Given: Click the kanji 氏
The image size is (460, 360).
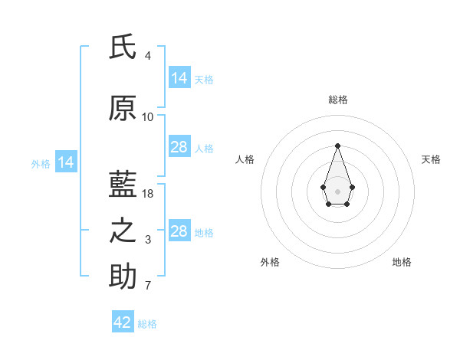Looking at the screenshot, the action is (123, 46).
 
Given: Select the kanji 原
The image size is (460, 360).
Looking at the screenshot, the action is (123, 108).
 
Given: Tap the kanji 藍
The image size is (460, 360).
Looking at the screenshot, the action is (123, 184).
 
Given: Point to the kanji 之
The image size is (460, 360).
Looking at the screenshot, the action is (123, 231).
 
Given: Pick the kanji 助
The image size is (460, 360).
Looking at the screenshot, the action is (123, 276).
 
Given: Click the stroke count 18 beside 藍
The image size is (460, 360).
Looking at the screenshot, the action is (147, 194).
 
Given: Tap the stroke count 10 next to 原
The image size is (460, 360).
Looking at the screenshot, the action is (147, 117).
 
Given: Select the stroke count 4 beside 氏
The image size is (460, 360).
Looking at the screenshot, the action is (148, 56).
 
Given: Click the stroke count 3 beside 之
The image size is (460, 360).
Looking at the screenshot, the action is (148, 240).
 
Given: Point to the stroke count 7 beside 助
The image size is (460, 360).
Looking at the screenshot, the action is (148, 286).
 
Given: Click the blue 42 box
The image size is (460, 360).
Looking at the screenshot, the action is (123, 321).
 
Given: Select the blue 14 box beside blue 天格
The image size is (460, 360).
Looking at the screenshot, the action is (180, 77).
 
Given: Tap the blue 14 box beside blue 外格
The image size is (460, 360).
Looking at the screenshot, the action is (66, 162).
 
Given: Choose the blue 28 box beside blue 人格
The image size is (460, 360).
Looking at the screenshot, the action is (180, 146).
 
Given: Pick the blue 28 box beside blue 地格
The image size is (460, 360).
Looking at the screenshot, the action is (180, 230).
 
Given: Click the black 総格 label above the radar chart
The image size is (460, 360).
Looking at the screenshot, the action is (338, 100).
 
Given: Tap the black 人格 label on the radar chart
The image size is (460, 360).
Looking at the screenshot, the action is (245, 159).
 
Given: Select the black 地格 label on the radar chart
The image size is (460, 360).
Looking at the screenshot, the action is (402, 262).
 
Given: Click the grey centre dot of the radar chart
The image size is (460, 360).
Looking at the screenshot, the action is (337, 191).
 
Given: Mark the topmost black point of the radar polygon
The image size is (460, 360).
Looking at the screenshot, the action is (337, 146).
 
